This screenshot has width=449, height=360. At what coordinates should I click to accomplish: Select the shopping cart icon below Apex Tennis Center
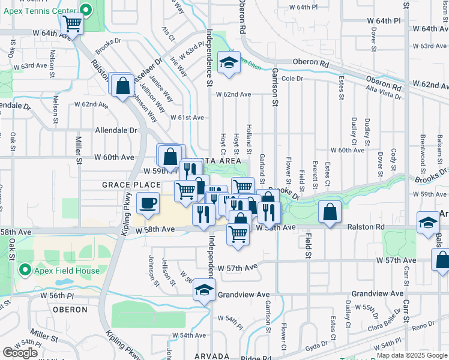[72, 25]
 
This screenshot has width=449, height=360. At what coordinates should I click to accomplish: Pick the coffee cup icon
[148, 203]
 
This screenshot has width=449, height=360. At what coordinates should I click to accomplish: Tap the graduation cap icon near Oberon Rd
[228, 63]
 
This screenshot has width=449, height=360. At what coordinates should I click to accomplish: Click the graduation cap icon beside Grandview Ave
[204, 290]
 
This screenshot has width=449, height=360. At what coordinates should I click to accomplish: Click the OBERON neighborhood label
[70, 310]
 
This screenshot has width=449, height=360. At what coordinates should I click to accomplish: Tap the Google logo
[20, 353]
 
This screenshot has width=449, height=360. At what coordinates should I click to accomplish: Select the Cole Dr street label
[292, 79]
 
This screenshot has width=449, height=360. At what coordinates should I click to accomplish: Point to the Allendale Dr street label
[116, 130]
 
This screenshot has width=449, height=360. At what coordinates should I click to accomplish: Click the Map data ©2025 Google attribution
[412, 355]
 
